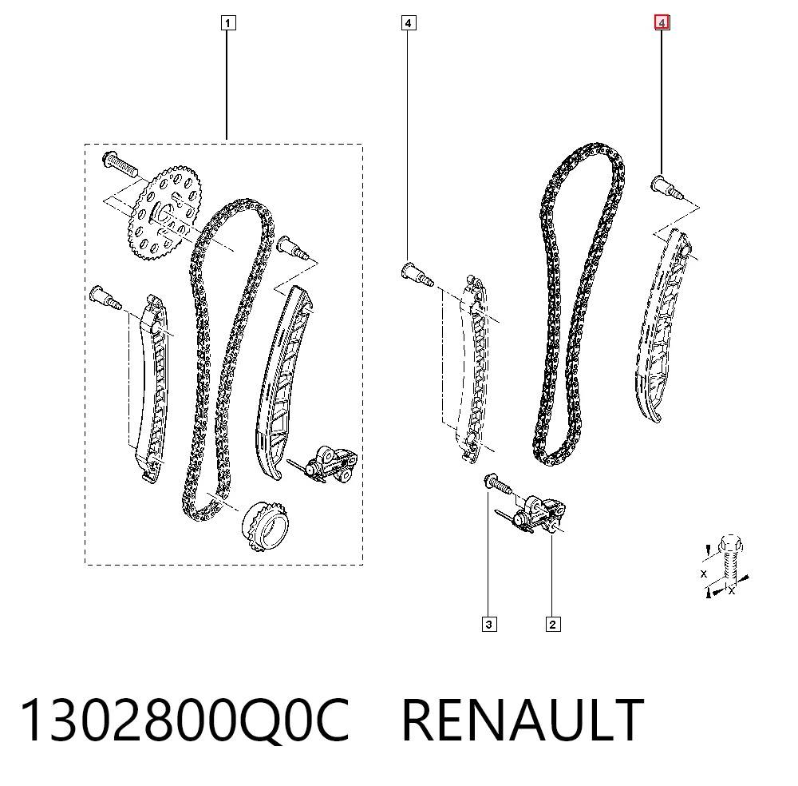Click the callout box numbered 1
228,23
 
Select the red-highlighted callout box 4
662,23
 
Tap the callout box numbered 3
489,624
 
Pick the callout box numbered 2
553,624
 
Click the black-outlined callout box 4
408,23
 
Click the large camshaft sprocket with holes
164,212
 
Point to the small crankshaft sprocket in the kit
264,526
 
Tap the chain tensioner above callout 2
535,514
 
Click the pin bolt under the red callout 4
666,187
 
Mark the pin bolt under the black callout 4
417,273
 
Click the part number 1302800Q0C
184,720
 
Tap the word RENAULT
523,720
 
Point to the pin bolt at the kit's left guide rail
105,297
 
